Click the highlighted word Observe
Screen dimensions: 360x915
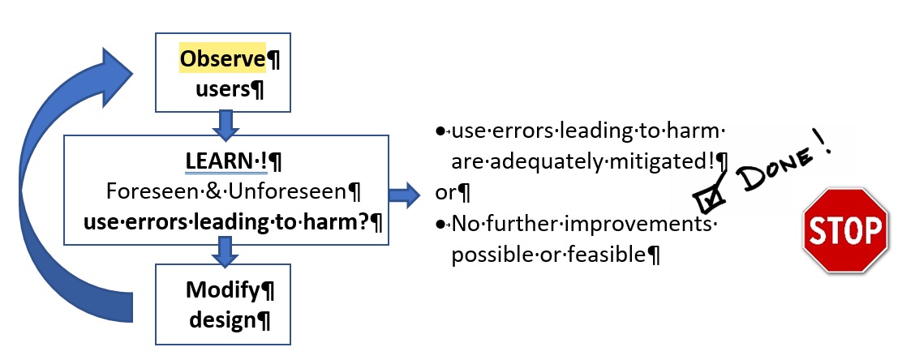coord(222,60)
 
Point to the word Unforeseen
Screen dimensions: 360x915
coord(271,191)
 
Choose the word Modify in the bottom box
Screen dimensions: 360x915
coord(218,289)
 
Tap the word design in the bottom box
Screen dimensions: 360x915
coord(222,319)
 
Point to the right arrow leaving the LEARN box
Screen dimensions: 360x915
coord(403,195)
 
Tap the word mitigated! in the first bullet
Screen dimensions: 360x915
coord(662,161)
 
